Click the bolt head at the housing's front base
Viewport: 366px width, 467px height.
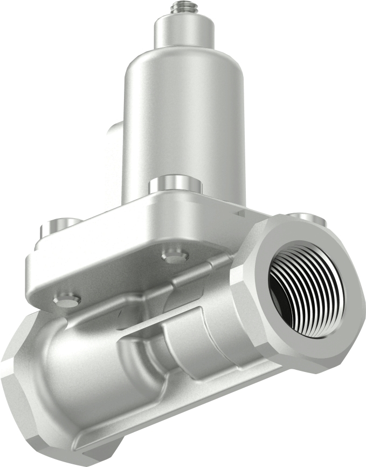[175, 185]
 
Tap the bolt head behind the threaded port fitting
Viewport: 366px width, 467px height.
[307, 218]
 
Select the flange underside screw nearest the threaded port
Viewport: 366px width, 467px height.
[175, 258]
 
